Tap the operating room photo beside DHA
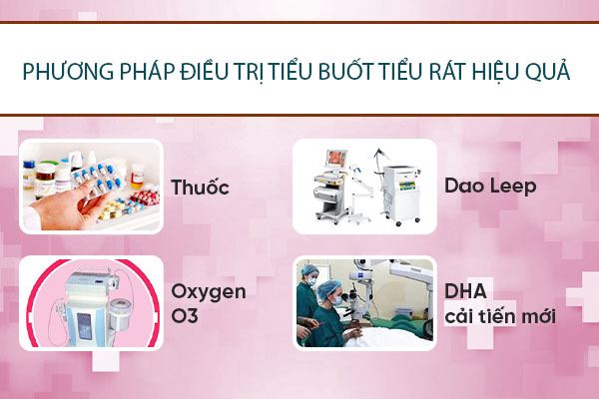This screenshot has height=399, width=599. click(364, 302)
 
